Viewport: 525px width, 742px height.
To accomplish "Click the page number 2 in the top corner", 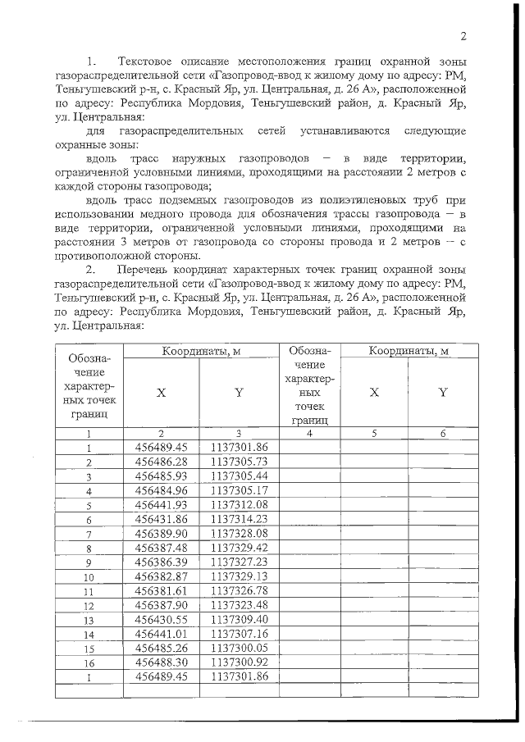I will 463,36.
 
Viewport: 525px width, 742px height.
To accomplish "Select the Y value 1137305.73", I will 240,462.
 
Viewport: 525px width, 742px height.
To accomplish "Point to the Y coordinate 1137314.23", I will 240,518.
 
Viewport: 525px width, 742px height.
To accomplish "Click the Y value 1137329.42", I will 240,548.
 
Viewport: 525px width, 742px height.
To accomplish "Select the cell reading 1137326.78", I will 240,590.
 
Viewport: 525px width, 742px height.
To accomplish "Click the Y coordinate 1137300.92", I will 240,662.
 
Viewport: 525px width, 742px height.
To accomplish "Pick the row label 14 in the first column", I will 90,634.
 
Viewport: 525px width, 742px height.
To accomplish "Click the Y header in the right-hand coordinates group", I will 442,392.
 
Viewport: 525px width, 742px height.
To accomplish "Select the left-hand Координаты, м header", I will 200,350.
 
